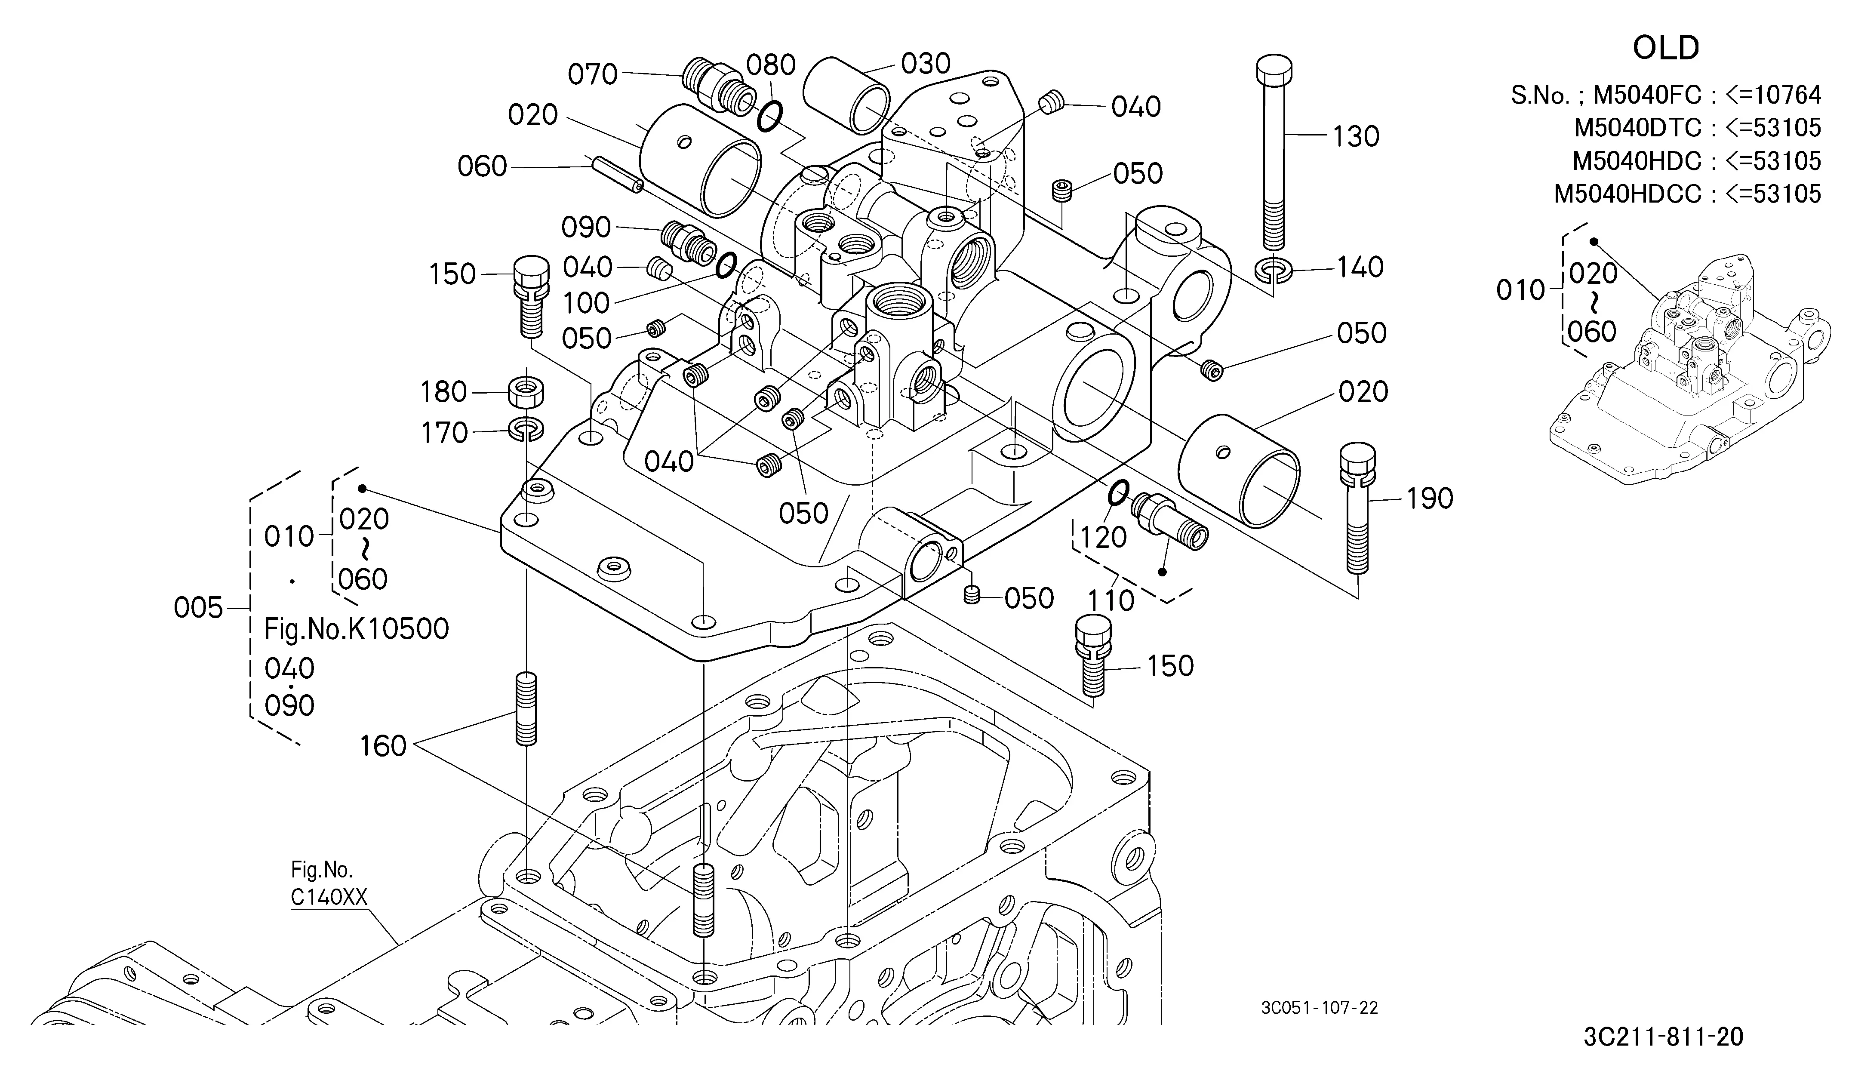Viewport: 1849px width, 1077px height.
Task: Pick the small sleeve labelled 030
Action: click(846, 93)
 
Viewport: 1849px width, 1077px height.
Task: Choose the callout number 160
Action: click(383, 746)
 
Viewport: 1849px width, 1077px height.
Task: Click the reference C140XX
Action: click(329, 897)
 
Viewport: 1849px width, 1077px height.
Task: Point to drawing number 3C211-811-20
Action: click(1663, 1037)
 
